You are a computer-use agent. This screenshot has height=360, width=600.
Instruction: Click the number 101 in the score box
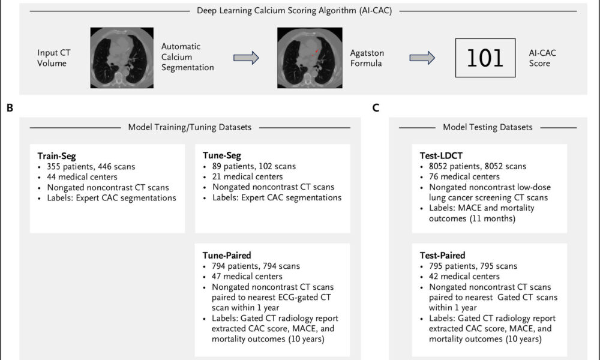pos(485,58)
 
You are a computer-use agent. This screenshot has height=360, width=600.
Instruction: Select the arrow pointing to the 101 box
pos(422,58)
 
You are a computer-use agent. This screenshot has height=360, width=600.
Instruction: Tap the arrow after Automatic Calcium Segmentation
pos(246,58)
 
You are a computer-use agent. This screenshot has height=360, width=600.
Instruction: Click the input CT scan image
pos(122,58)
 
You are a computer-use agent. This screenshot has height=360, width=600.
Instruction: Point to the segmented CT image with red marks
pos(310,58)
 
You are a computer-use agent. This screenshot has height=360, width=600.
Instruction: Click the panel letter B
pos(10,108)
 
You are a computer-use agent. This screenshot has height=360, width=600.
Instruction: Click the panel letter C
pos(376,108)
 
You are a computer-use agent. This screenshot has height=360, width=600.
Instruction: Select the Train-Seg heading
pos(56,156)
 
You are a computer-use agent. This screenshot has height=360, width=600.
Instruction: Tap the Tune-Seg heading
pos(222,156)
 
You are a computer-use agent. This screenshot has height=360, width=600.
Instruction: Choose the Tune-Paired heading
pos(227,255)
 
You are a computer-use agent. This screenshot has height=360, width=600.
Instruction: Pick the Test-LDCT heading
pos(441,156)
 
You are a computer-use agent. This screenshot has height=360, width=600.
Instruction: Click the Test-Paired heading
pos(442,255)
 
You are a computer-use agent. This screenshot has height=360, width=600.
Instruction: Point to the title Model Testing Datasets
pos(487,127)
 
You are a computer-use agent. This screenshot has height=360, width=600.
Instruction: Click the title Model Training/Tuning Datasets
pos(190,127)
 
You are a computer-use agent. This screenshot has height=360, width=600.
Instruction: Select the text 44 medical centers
pos(82,177)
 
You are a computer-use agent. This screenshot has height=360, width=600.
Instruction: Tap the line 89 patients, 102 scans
pos(254,166)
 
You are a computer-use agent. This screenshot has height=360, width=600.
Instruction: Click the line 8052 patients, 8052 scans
pos(478,166)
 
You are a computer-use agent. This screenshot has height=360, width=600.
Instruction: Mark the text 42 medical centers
pos(464,276)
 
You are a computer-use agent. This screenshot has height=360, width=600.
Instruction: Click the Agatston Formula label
pos(367,58)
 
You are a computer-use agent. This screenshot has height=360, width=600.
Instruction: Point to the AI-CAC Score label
pos(542,58)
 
